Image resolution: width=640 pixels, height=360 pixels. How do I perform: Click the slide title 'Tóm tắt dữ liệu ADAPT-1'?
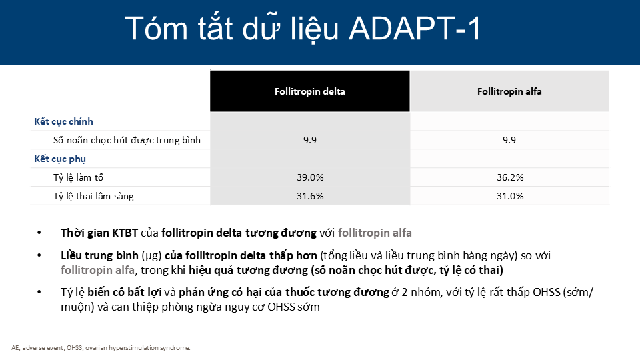click(x=303, y=29)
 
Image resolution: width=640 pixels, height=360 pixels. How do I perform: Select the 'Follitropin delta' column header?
click(x=310, y=91)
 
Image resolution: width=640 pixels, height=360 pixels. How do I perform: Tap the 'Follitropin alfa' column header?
click(x=509, y=91)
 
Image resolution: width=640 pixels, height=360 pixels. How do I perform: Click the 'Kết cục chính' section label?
click(x=64, y=121)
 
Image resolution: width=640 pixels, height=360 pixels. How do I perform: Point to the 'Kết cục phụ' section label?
click(x=60, y=159)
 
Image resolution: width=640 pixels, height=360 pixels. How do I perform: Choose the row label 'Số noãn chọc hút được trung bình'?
click(x=127, y=140)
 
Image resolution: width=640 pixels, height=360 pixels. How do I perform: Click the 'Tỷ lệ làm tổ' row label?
click(x=79, y=177)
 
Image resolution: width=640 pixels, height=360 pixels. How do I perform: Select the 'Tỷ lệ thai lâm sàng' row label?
click(x=93, y=196)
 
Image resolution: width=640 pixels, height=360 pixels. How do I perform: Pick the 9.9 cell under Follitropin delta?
click(x=310, y=140)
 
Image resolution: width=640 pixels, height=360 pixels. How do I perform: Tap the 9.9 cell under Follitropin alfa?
click(x=509, y=140)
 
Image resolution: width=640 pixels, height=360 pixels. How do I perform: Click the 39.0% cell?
click(x=310, y=177)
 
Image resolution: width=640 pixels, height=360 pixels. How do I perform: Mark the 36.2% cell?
click(x=510, y=177)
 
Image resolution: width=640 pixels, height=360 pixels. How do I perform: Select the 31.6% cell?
click(x=310, y=196)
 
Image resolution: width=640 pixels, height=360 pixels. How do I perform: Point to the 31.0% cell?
click(x=510, y=196)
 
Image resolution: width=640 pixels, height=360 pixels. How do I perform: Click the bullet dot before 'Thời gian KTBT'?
click(x=39, y=233)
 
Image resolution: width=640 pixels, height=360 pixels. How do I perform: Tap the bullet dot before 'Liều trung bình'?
click(x=39, y=255)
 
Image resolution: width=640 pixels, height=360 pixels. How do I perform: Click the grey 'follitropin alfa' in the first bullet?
click(x=375, y=233)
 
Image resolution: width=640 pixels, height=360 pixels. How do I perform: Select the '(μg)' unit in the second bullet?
click(x=151, y=256)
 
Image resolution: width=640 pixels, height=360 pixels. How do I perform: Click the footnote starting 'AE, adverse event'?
click(x=101, y=348)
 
